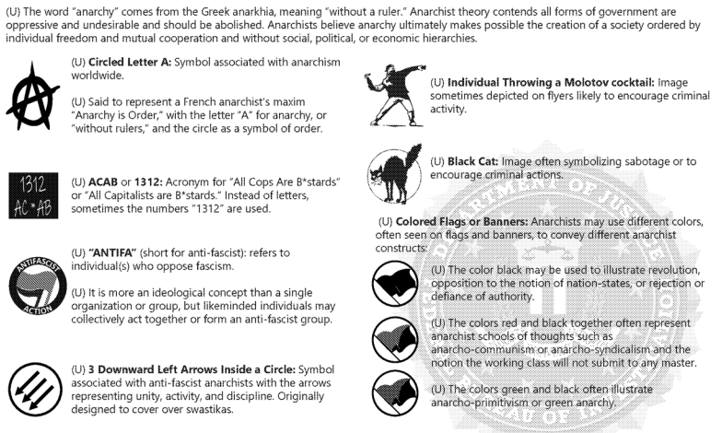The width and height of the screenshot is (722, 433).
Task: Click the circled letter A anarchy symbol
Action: click(x=33, y=96)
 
